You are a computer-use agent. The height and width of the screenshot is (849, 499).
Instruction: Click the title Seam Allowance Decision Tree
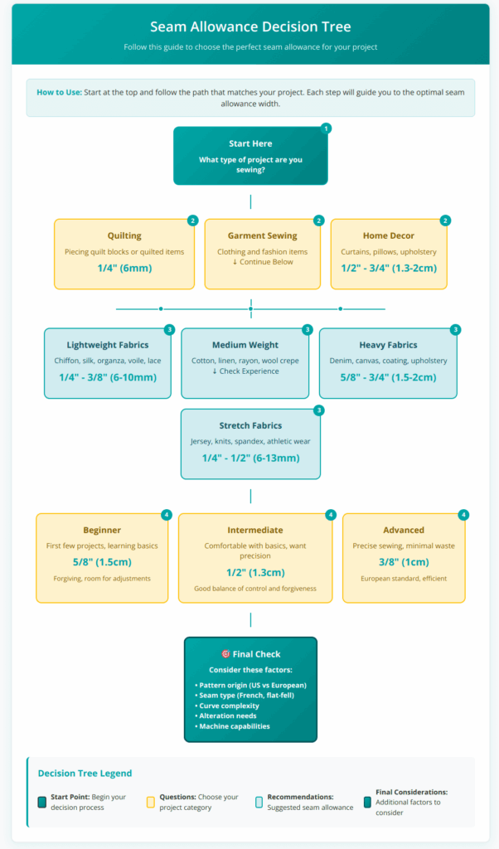pos(249,27)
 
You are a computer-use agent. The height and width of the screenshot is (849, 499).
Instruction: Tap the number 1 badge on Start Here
pos(326,129)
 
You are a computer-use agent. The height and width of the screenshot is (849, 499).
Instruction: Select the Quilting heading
pos(124,235)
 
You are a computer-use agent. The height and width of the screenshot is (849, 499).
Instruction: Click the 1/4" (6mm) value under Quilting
pos(124,269)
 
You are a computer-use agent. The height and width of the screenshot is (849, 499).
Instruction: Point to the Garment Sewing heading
pos(262,235)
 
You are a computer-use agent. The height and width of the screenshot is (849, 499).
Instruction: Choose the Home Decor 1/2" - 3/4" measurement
pos(389,269)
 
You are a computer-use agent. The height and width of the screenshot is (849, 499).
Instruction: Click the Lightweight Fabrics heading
pos(108,345)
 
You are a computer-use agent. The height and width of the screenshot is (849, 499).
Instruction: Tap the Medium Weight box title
pos(245,345)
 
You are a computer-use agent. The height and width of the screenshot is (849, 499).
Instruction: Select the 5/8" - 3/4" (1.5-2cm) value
pos(389,377)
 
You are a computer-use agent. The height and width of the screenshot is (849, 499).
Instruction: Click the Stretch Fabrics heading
pos(250,425)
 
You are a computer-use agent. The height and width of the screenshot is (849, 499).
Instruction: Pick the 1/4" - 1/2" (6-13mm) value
pos(250,458)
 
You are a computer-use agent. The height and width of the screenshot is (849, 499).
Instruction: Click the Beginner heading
pos(102,530)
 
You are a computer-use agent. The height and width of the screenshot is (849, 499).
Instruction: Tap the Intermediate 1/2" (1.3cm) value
pos(255,572)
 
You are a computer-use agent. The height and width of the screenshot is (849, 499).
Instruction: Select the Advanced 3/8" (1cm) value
pos(404,561)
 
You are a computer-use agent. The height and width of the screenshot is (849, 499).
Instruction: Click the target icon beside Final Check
pos(225,653)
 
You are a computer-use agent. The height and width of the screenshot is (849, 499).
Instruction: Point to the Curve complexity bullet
pos(229,706)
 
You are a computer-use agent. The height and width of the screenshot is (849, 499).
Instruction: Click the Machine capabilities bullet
pos(235,726)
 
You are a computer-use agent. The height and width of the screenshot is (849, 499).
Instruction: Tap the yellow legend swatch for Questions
pos(150,802)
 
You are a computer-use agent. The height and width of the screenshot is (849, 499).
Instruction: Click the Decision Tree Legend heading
pos(85,773)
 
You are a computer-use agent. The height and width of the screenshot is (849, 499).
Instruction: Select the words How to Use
pos(58,91)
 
